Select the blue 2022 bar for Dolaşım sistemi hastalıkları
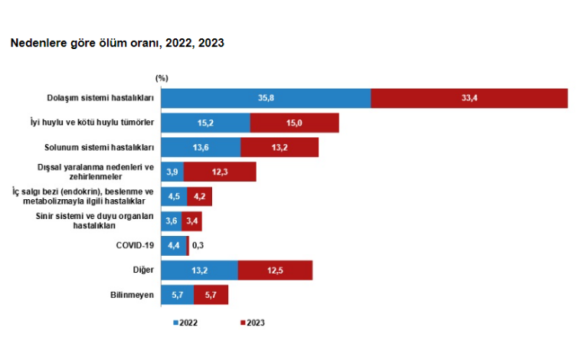point(266,99)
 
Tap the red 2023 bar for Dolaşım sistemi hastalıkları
point(469,99)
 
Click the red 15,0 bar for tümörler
point(294,123)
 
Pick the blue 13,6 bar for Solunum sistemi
point(201,148)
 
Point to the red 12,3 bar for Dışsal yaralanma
point(220,172)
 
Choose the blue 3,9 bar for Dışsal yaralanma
point(172,172)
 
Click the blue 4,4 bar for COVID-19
point(174,246)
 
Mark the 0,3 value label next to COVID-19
point(198,246)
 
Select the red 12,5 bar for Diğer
point(275,270)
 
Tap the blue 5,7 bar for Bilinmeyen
point(177,295)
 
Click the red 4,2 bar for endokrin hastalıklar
point(199,197)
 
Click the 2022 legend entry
point(185,322)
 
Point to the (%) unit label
point(162,78)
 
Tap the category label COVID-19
point(136,246)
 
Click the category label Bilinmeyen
point(134,295)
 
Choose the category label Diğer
point(143,270)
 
